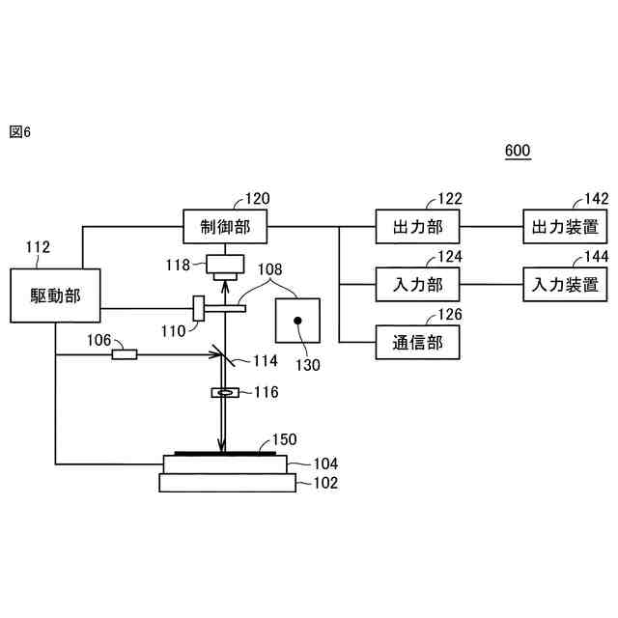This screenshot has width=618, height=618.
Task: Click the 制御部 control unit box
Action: tap(224, 229)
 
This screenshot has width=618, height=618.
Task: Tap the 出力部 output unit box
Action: tap(417, 229)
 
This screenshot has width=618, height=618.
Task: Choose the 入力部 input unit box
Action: tap(417, 285)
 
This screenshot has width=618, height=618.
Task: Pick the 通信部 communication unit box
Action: tap(417, 342)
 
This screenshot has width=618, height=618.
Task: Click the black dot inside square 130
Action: tap(298, 321)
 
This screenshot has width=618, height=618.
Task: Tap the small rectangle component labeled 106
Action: tap(124, 354)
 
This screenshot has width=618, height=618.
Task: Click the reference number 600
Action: tap(518, 151)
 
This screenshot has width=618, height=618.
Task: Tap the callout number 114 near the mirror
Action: tap(265, 361)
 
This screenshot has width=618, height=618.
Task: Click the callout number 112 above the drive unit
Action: tap(38, 248)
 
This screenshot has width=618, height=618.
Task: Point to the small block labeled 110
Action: tap(199, 309)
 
